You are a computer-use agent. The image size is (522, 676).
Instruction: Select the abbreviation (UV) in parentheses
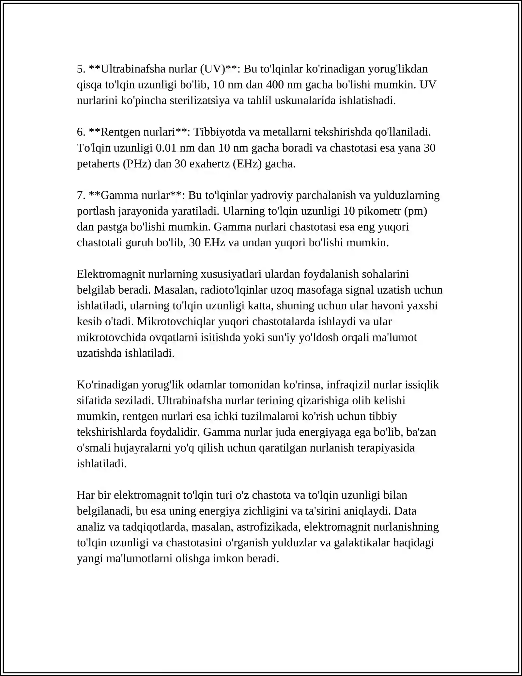coord(212,69)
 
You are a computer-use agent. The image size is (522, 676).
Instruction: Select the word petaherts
coord(98,164)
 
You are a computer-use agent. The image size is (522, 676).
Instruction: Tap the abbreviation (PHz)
coord(137,164)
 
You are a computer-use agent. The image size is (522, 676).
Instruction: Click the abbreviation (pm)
coord(416,211)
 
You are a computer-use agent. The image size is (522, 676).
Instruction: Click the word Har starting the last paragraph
coord(86,495)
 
